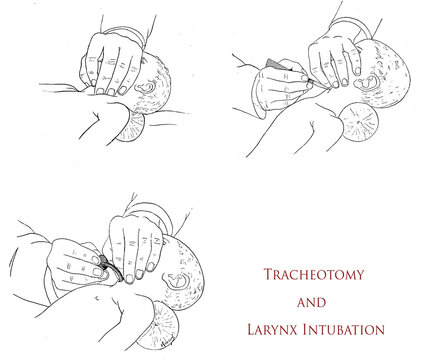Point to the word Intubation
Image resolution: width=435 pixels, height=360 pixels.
(347, 327)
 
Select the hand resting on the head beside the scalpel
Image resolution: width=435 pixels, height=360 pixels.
(330, 60)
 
